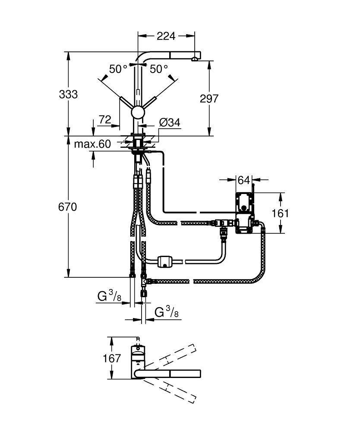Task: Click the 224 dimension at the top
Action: click(166, 36)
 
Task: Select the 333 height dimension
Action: click(68, 94)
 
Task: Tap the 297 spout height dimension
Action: click(209, 98)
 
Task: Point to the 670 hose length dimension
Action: click(68, 207)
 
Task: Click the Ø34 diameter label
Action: click(169, 123)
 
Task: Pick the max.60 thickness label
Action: click(92, 144)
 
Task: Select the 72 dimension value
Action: click(105, 120)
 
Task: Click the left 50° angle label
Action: click(118, 69)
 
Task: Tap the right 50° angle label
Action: click(159, 69)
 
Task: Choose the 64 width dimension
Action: click(243, 179)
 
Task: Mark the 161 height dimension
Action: click(281, 213)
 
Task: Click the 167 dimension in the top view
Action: click(111, 358)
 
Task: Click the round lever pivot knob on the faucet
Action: click(137, 113)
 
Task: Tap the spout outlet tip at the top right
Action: click(196, 57)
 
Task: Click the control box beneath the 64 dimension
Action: click(245, 212)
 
